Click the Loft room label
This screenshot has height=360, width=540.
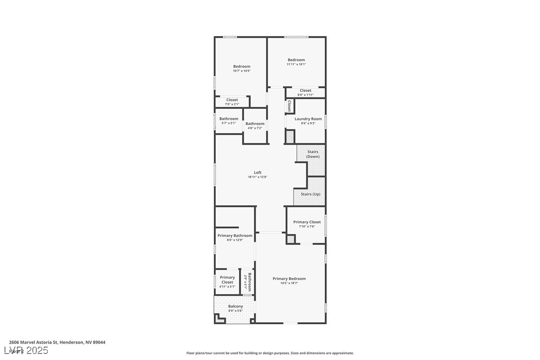tap(258, 173)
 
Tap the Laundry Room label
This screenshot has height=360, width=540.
tap(308, 119)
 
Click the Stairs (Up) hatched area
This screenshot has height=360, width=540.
tap(310, 194)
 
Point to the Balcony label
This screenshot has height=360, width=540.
tap(235, 306)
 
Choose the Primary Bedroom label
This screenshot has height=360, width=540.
tap(289, 278)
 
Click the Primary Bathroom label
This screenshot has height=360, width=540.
tap(235, 236)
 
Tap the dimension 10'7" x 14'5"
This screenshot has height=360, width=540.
tap(242, 71)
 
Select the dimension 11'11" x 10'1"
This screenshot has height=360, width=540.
tap(296, 64)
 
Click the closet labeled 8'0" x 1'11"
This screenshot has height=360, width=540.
tap(305, 92)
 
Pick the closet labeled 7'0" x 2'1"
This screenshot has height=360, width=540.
tap(232, 102)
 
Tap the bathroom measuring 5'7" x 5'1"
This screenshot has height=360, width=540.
tap(229, 121)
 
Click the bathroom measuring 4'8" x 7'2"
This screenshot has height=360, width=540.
tap(255, 126)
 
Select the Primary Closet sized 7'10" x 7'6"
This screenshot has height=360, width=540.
tap(307, 224)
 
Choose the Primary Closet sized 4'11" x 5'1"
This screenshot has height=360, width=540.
tap(227, 282)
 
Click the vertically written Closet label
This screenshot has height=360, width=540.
tap(289, 105)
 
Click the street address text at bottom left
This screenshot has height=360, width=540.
tap(57, 342)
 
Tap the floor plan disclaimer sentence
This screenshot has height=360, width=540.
tap(270, 353)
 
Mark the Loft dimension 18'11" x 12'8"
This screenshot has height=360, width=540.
tap(258, 177)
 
